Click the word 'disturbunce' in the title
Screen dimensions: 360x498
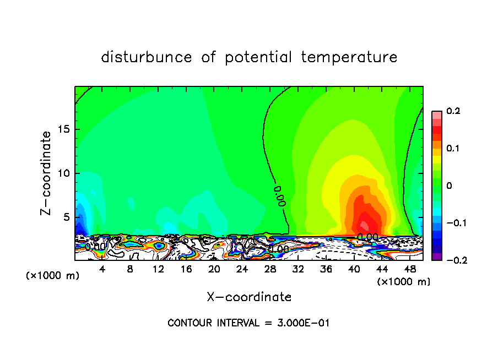pos(147,57)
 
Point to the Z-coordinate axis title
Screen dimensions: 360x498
pos(47,173)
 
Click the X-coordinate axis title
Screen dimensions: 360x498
pos(249,297)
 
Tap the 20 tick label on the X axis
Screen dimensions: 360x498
pos(214,269)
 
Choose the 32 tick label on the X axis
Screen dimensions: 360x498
pos(298,269)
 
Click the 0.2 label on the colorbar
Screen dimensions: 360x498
pos(453,111)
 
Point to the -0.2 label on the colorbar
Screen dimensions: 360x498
pos(453,260)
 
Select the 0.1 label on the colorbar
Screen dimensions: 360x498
pos(453,149)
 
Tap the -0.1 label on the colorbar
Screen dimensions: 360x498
pos(453,223)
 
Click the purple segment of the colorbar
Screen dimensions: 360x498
pos(437,257)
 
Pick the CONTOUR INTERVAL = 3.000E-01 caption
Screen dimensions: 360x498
pos(248,323)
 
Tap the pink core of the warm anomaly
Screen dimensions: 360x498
pos(365,225)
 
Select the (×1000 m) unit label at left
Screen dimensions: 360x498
pos(53,276)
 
